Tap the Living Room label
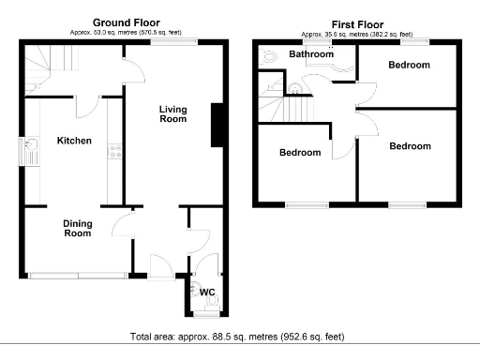(x=172, y=114)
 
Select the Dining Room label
(x=77, y=228)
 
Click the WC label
(x=207, y=292)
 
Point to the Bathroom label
(x=310, y=55)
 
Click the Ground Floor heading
(x=127, y=22)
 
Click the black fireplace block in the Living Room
(x=217, y=125)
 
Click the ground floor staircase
(x=47, y=70)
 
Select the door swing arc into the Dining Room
(x=123, y=223)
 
